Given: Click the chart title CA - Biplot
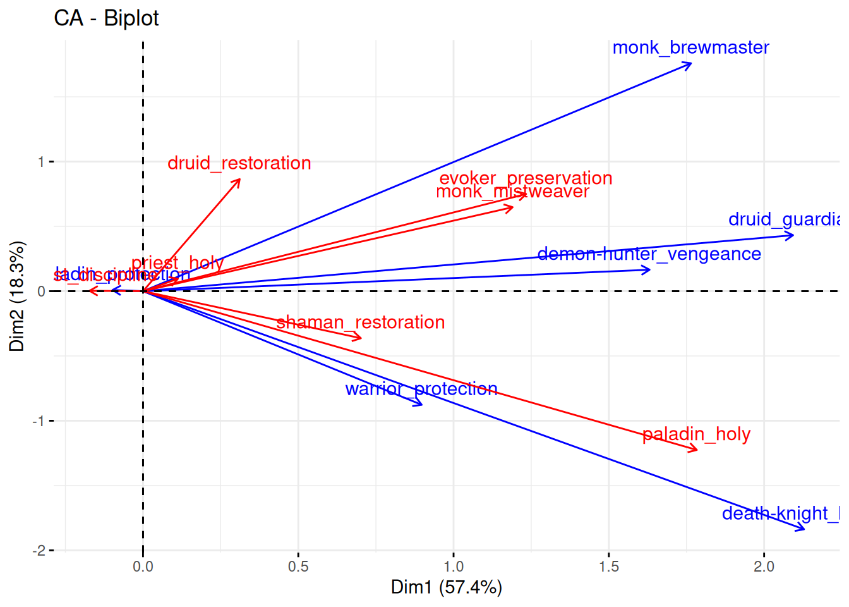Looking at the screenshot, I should (106, 18).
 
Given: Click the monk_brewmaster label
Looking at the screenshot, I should (690, 48).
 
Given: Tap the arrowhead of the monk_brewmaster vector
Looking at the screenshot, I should (691, 63).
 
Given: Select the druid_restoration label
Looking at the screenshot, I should (239, 163).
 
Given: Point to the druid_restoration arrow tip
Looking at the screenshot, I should (239, 180).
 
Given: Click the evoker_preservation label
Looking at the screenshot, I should (526, 178).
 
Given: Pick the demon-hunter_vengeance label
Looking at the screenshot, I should (649, 254).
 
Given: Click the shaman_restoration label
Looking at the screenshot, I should (361, 322).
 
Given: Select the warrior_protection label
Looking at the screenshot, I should (421, 389).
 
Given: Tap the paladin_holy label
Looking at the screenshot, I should (696, 434).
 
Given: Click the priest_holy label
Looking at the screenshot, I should (178, 263).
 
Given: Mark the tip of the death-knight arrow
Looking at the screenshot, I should (805, 529).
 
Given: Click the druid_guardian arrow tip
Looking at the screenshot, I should (793, 235).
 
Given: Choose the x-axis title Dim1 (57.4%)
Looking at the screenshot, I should (446, 587).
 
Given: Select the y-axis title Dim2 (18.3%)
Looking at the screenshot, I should (17, 296).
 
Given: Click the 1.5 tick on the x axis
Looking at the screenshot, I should (609, 567).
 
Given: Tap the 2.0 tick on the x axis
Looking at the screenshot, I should (764, 567).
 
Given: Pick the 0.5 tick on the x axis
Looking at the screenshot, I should (298, 567).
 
